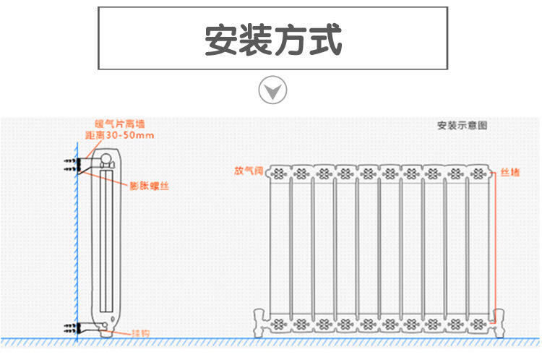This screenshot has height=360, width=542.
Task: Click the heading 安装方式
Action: pyautogui.click(x=272, y=40)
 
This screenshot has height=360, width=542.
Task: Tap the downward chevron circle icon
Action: pyautogui.click(x=272, y=91)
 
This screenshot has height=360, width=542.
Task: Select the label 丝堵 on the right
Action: pyautogui.click(x=509, y=173)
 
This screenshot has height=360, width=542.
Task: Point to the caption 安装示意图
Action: pyautogui.click(x=463, y=125)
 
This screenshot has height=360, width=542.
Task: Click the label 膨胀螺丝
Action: pyautogui.click(x=150, y=186)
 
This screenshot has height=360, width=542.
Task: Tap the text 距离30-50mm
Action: pyautogui.click(x=120, y=135)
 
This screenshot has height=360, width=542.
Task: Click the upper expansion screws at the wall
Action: pyautogui.click(x=70, y=166)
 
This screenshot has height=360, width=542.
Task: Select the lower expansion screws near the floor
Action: pyautogui.click(x=70, y=327)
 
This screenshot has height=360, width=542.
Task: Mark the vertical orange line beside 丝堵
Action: pyautogui.click(x=496, y=239)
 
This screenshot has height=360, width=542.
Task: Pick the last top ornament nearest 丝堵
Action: pyautogui.click(x=476, y=173)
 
